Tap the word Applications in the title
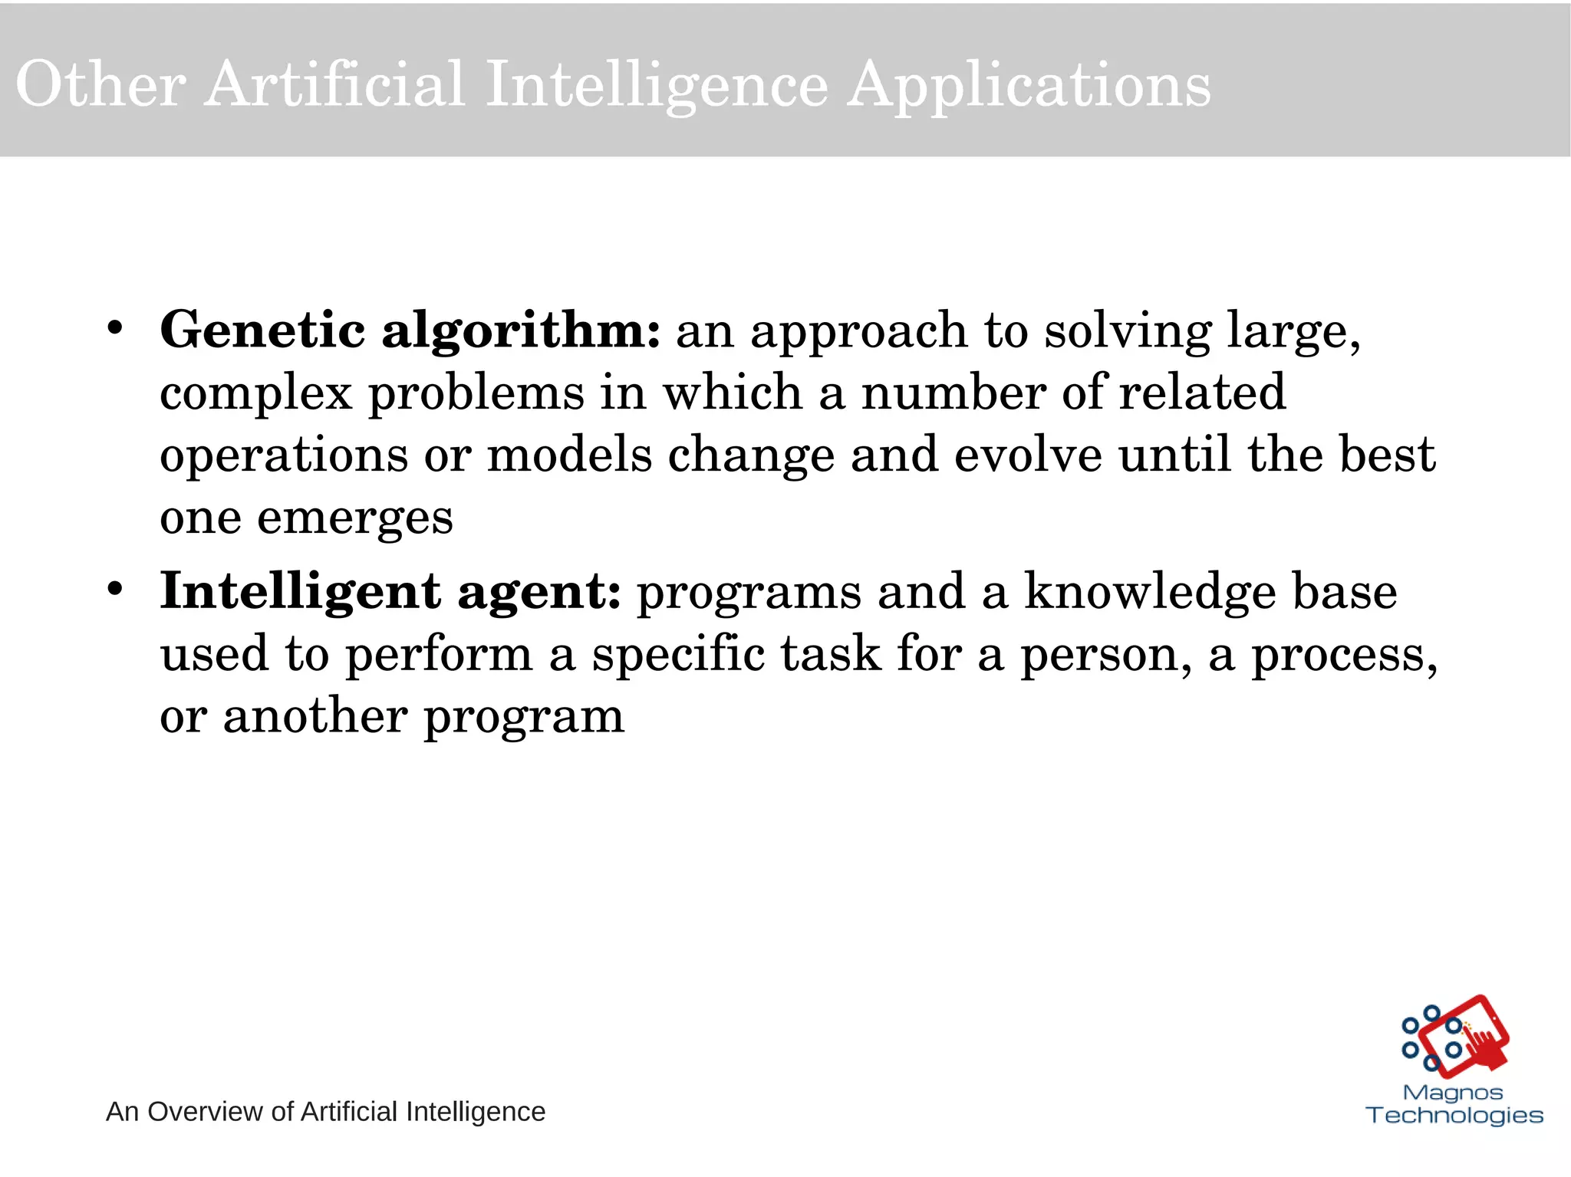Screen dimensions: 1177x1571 click(x=1029, y=87)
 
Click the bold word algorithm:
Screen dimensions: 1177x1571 click(x=521, y=331)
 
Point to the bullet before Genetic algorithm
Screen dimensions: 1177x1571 click(x=115, y=329)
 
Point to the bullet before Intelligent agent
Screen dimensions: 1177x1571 click(x=115, y=590)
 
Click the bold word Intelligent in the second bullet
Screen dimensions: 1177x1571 click(x=300, y=592)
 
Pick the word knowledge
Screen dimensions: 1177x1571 click(x=1151, y=592)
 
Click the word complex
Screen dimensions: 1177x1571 click(x=256, y=394)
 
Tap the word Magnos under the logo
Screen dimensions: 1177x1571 click(x=1453, y=1092)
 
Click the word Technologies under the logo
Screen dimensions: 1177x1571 click(x=1454, y=1115)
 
